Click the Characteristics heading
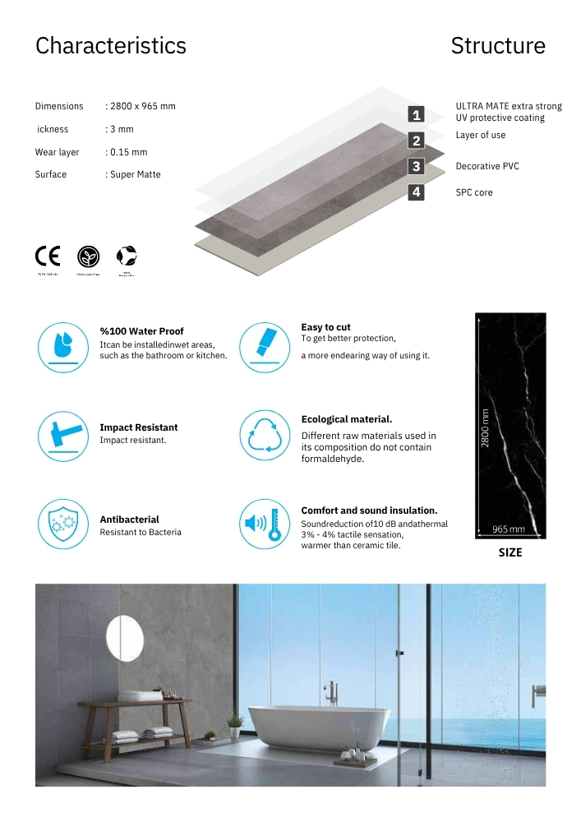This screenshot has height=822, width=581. coord(110,46)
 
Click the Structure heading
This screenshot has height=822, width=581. coord(498,46)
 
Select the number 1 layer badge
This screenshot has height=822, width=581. coord(417,115)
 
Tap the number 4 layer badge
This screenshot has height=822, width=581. coord(417,192)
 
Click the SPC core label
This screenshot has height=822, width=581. coord(474,192)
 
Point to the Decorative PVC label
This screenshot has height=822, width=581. coord(487,166)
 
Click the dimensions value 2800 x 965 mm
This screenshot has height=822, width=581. coord(141,106)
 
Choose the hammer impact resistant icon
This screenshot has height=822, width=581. coord(62,434)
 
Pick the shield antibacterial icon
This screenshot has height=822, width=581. coord(62,524)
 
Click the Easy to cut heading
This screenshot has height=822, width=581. coord(325,327)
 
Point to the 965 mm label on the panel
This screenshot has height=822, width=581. coord(510,529)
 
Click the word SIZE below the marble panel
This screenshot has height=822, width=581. coord(510,552)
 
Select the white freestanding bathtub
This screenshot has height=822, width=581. coord(317,727)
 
